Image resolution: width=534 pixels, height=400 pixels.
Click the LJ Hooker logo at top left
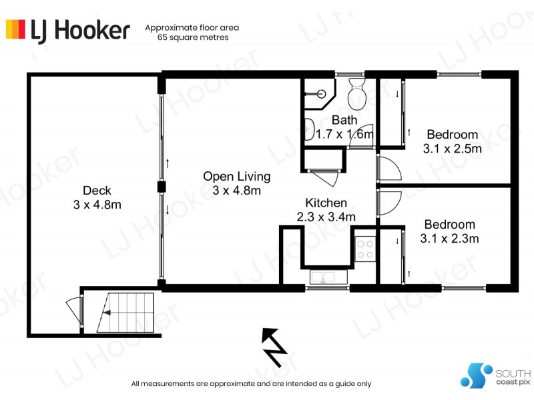click(67, 29)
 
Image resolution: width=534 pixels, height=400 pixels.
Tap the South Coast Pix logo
click(495, 376)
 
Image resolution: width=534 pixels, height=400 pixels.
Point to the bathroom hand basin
click(309, 129)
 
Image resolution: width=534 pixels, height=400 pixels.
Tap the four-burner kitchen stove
click(365, 249)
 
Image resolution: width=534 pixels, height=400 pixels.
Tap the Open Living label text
click(237, 177)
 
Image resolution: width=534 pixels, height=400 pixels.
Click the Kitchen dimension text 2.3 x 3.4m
click(326, 217)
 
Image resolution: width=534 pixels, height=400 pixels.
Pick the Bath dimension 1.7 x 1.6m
click(344, 134)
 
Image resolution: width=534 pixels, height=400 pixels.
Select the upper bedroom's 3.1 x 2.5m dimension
click(452, 149)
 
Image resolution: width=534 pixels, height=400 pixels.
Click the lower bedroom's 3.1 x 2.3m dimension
click(449, 238)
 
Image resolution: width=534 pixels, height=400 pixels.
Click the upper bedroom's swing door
click(388, 169)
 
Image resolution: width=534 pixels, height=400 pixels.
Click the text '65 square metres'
click(192, 38)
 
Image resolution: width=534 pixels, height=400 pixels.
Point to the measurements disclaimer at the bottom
click(251, 383)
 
